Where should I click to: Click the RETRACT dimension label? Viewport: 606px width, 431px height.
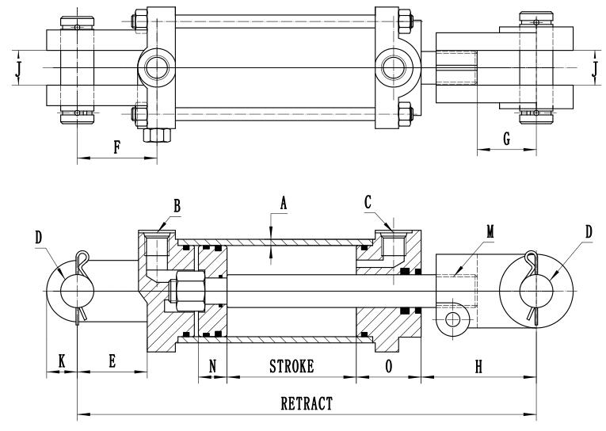click(x=307, y=402)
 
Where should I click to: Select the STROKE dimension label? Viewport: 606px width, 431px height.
click(x=292, y=366)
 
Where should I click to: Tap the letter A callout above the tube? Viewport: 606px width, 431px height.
click(x=282, y=203)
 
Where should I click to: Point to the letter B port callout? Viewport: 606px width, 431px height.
click(x=177, y=204)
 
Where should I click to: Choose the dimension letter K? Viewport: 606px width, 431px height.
click(x=60, y=360)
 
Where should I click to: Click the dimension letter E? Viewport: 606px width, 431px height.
click(x=112, y=360)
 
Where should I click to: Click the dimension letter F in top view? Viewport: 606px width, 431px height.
click(x=116, y=148)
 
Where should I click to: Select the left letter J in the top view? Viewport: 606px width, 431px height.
click(x=17, y=69)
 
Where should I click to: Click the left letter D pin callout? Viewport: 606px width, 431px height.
click(x=39, y=237)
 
